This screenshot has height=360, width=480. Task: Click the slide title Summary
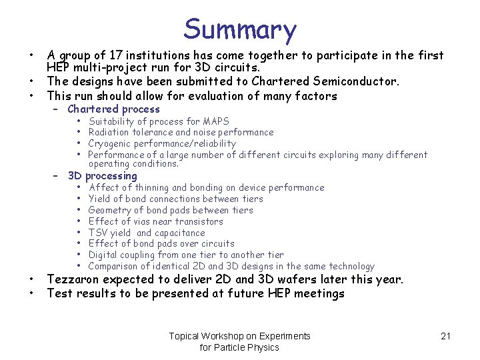240,30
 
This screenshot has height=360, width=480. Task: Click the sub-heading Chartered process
113,109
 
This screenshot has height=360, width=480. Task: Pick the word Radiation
110,132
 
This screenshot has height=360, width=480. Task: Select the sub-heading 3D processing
102,176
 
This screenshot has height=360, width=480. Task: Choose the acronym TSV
98,233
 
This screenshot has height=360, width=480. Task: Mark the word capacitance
180,233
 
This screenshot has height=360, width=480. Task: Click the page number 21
446,336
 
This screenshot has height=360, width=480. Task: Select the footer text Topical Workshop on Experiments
239,336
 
